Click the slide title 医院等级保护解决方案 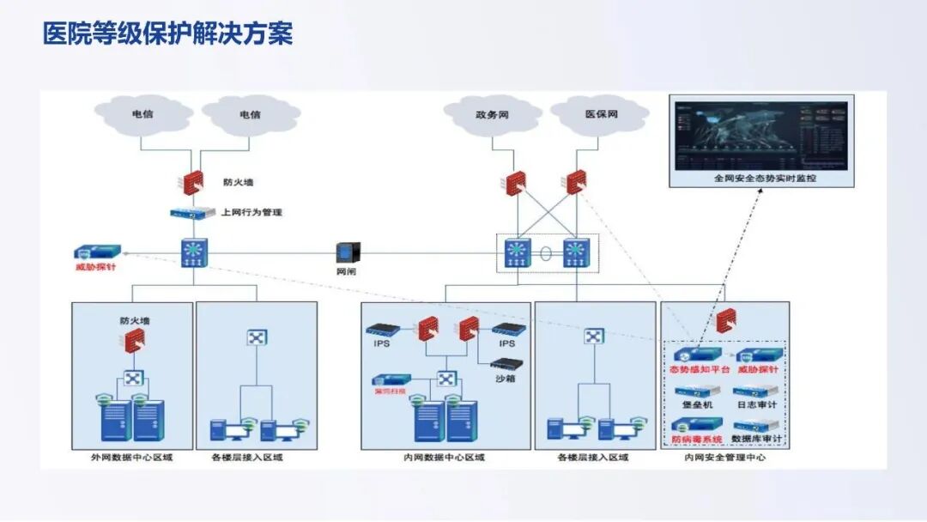click(x=167, y=33)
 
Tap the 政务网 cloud click(x=493, y=114)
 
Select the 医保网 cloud click(x=601, y=114)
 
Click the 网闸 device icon click(x=347, y=252)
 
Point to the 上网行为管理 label click(x=251, y=212)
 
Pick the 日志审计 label click(x=755, y=404)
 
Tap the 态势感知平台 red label click(x=700, y=370)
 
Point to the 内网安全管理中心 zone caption click(x=724, y=458)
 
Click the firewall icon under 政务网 click(x=515, y=183)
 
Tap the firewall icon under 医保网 click(x=577, y=182)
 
